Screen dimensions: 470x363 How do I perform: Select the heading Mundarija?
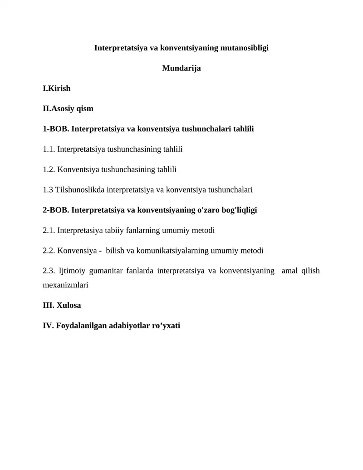[181, 69]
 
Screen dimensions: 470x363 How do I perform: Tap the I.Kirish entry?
[57, 88]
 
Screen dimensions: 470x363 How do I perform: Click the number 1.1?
[49, 149]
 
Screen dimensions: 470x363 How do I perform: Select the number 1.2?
[49, 169]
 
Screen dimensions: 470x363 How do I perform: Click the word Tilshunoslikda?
[80, 190]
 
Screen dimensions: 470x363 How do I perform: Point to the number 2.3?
[49, 271]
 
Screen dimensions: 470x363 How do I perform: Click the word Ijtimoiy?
[72, 271]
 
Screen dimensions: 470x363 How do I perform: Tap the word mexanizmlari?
[65, 285]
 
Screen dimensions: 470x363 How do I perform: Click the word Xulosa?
[69, 305]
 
